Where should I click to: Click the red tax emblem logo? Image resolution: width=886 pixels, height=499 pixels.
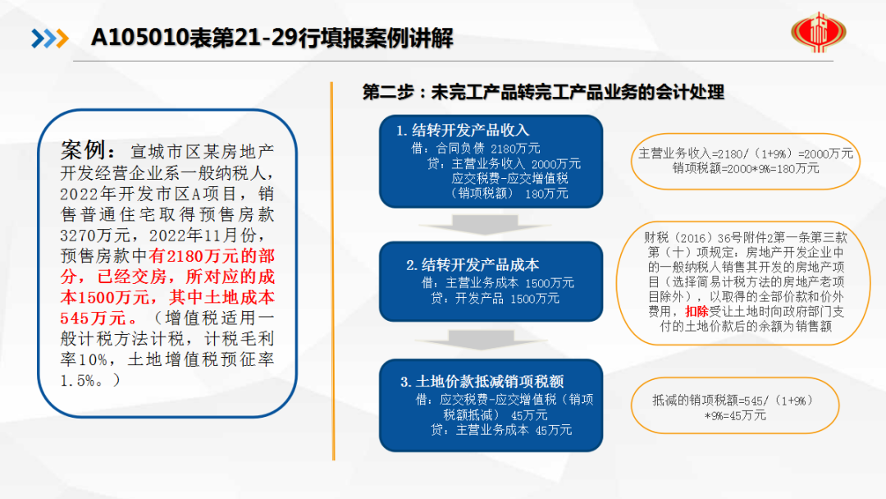818,32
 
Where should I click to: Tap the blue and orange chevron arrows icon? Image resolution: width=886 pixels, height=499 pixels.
50,39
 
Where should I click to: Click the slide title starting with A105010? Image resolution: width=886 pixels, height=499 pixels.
272,38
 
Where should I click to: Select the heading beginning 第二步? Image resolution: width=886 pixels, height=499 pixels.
543,92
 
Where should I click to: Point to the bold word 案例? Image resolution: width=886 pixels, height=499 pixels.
83,150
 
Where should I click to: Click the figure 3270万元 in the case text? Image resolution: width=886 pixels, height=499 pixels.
95,235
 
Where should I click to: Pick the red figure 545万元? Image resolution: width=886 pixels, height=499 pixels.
92,318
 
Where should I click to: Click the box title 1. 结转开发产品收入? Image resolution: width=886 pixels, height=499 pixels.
463,130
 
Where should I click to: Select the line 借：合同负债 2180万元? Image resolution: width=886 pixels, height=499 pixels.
476,149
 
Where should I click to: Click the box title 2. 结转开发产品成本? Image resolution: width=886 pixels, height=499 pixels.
473,265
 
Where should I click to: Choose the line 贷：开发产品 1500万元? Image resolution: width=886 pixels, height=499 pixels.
495,298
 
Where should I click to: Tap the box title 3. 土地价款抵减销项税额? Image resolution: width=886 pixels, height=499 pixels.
482,382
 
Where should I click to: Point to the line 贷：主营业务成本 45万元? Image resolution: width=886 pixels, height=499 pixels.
501,430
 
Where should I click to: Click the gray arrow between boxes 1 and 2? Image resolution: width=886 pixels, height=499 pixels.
484,224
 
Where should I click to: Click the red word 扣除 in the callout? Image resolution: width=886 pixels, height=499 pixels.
696,311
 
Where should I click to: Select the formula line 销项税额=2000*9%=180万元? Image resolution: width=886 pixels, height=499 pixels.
745,168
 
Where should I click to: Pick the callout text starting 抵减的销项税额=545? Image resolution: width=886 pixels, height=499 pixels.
734,407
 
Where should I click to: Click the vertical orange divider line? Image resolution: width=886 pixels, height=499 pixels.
333,272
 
